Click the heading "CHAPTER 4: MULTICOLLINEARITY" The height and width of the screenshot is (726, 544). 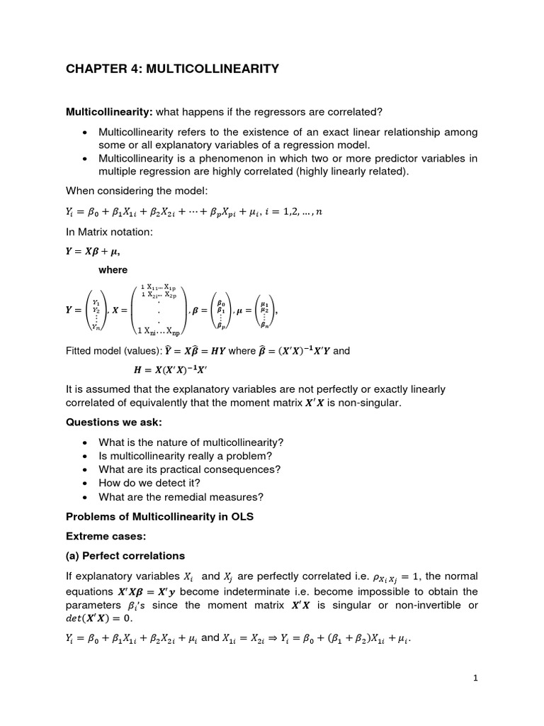click(172, 69)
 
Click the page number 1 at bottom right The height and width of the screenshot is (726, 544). click(476, 678)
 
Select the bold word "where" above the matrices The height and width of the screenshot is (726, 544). click(113, 270)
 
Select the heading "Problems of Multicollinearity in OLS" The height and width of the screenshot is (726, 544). click(159, 517)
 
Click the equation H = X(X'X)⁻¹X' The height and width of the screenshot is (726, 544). click(174, 369)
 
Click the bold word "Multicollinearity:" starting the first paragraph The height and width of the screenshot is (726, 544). click(109, 112)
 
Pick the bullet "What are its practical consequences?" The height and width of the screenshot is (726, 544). click(190, 469)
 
